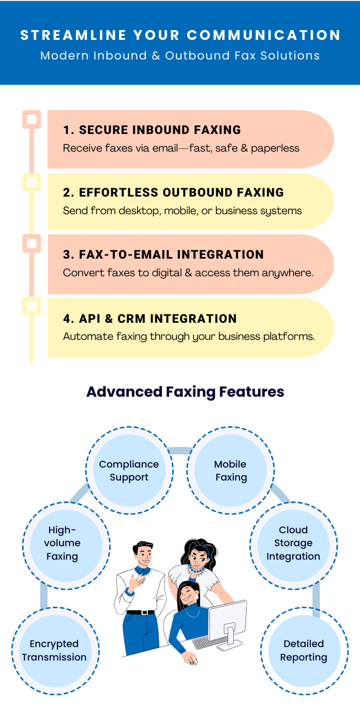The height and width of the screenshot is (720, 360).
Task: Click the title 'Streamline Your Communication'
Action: pyautogui.click(x=180, y=35)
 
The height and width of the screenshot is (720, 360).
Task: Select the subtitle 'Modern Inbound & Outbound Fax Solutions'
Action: pyautogui.click(x=180, y=55)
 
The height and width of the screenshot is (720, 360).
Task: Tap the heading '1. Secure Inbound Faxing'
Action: pyautogui.click(x=152, y=130)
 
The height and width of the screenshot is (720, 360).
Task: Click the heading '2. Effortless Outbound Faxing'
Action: pyautogui.click(x=173, y=192)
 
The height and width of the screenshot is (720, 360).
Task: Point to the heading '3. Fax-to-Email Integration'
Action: pyautogui.click(x=163, y=254)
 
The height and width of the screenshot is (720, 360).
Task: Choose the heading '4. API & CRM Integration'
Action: pyautogui.click(x=150, y=319)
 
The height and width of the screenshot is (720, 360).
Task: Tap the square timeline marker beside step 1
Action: pyautogui.click(x=32, y=119)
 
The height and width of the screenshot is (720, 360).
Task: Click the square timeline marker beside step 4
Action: pyautogui.click(x=32, y=306)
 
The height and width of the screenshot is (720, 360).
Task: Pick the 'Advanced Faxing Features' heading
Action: pyautogui.click(x=185, y=392)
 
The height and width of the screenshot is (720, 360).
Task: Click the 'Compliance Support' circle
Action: pyautogui.click(x=129, y=471)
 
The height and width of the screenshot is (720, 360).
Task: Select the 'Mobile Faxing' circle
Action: pyautogui.click(x=230, y=471)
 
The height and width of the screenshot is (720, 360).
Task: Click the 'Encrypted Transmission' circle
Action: pyautogui.click(x=55, y=651)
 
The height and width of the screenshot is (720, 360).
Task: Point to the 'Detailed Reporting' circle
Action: pyautogui.click(x=304, y=651)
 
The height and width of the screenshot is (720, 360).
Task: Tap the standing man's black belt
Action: pyautogui.click(x=140, y=612)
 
